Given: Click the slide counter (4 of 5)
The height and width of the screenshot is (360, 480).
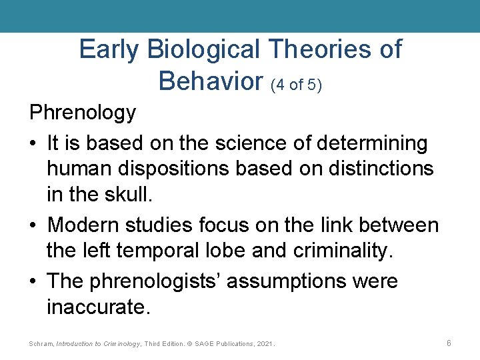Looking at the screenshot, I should pyautogui.click(x=297, y=84).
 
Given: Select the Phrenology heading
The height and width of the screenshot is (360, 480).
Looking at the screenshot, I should pyautogui.click(x=83, y=113).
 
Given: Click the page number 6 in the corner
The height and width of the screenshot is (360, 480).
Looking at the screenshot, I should pyautogui.click(x=449, y=343).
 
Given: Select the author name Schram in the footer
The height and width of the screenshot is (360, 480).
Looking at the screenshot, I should pyautogui.click(x=41, y=344).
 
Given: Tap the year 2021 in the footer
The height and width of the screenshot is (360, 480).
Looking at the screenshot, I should pyautogui.click(x=264, y=344).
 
